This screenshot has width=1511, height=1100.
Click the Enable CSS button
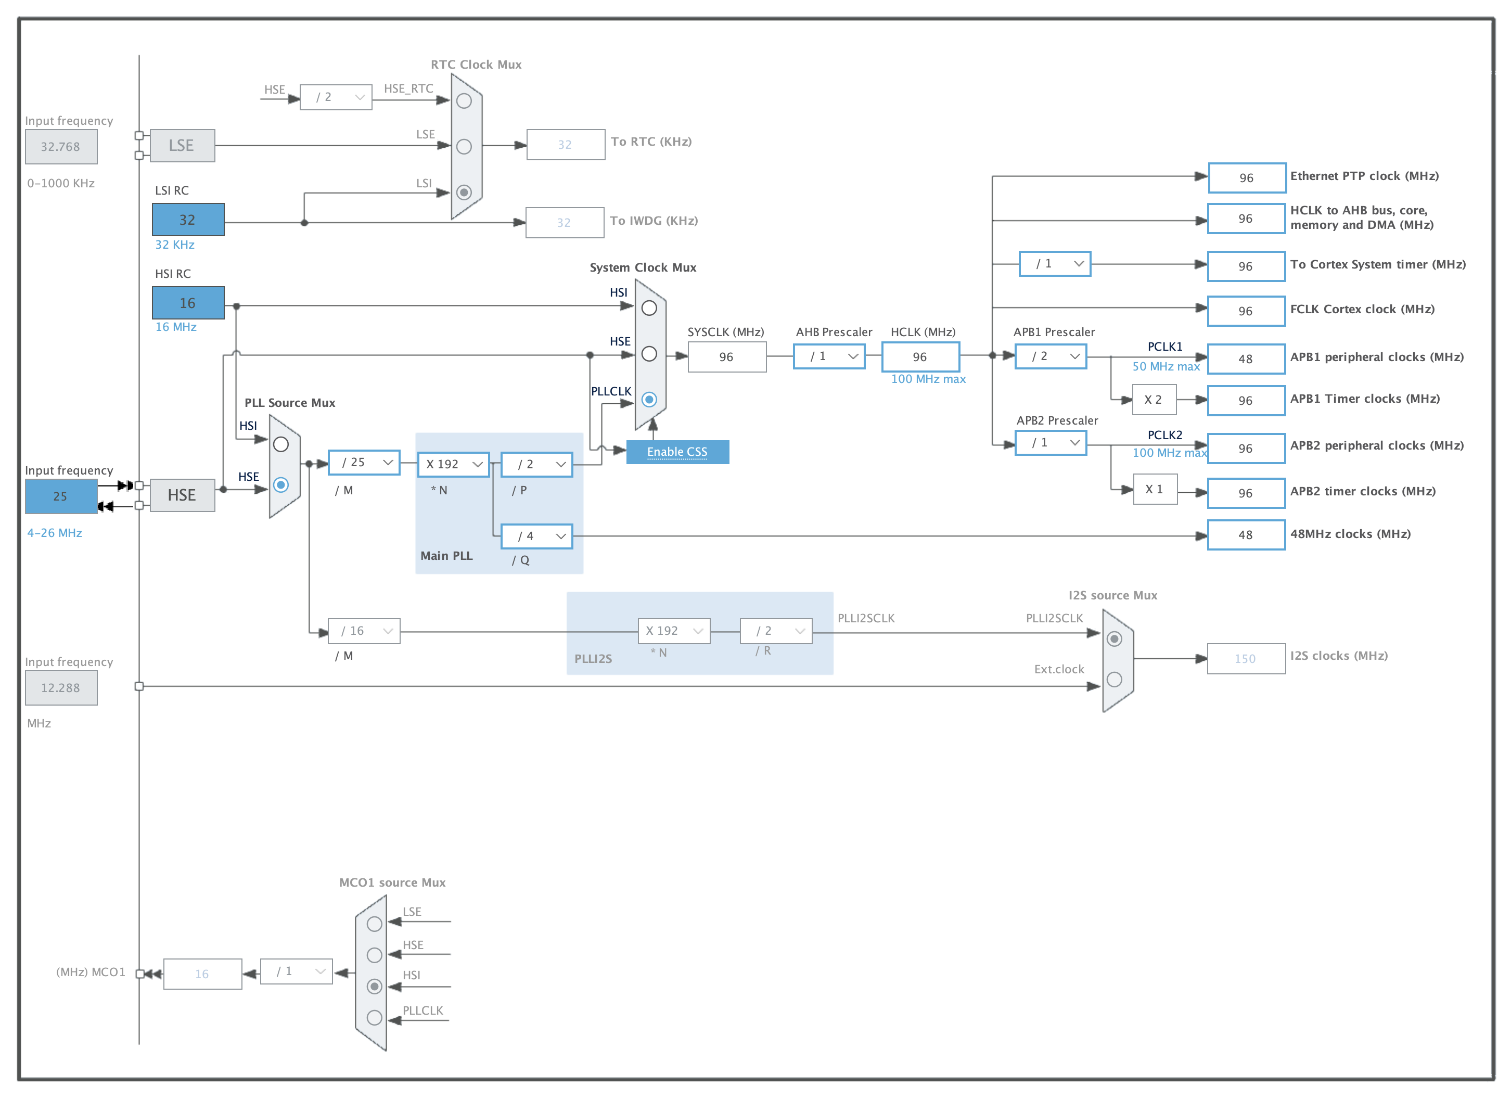[677, 452]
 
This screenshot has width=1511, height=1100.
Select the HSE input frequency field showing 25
[61, 496]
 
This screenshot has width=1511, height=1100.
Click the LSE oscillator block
[182, 145]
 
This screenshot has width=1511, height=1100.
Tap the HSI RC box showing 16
[188, 303]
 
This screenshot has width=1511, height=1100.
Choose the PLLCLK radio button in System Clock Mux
[649, 400]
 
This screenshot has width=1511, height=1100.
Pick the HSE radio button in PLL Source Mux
[281, 485]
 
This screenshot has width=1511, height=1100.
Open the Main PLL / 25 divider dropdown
[364, 463]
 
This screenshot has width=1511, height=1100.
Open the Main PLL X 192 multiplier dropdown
[453, 464]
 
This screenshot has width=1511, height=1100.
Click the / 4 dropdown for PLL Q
[536, 536]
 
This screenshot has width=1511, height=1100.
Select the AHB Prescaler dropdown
[829, 356]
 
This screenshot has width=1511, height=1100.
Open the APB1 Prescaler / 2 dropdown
[1051, 356]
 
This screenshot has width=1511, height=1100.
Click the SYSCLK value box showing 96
[727, 357]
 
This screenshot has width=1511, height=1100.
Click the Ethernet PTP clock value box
[1247, 178]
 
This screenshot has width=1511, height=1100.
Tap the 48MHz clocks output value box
[1246, 535]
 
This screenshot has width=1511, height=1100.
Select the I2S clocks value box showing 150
[1246, 659]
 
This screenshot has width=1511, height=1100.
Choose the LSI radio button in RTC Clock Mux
[464, 193]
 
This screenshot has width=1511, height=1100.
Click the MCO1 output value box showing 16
[202, 974]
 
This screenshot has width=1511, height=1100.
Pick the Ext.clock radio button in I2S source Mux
[1114, 680]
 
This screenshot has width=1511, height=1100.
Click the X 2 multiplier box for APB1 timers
[1154, 400]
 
